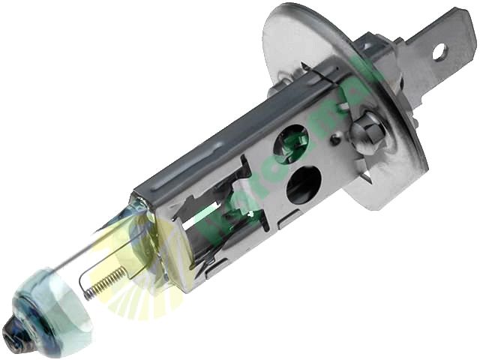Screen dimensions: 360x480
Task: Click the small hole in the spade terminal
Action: point(439,52)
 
